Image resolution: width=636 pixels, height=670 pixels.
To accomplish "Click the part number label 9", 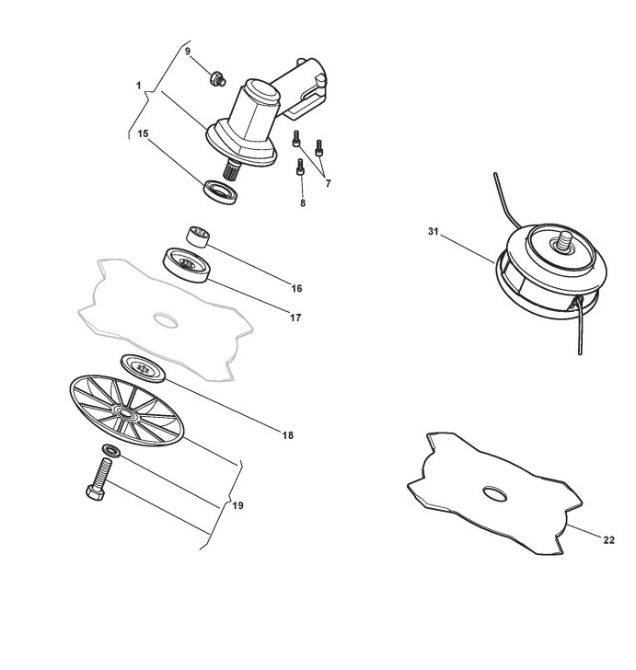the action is (x=188, y=52).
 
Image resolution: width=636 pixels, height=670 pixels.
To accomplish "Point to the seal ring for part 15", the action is (x=221, y=191).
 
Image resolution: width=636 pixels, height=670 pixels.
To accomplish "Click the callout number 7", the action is (x=328, y=183).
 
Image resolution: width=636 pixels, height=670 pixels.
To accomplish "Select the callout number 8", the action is (x=302, y=202).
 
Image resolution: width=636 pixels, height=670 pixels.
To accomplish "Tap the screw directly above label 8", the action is (x=300, y=168).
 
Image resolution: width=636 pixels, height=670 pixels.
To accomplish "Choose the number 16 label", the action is (x=296, y=288).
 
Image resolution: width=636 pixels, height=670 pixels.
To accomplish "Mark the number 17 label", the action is (x=295, y=318).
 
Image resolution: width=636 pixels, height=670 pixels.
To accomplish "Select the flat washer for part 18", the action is (x=143, y=367).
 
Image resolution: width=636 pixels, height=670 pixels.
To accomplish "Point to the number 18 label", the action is (x=288, y=435).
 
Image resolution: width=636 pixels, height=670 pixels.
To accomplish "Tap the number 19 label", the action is (x=237, y=505).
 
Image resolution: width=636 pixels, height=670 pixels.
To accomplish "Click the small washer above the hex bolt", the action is (x=110, y=450).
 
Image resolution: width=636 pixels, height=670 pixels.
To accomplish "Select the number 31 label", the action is (x=434, y=232).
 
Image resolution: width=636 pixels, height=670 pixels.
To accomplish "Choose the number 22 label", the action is (x=608, y=539).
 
